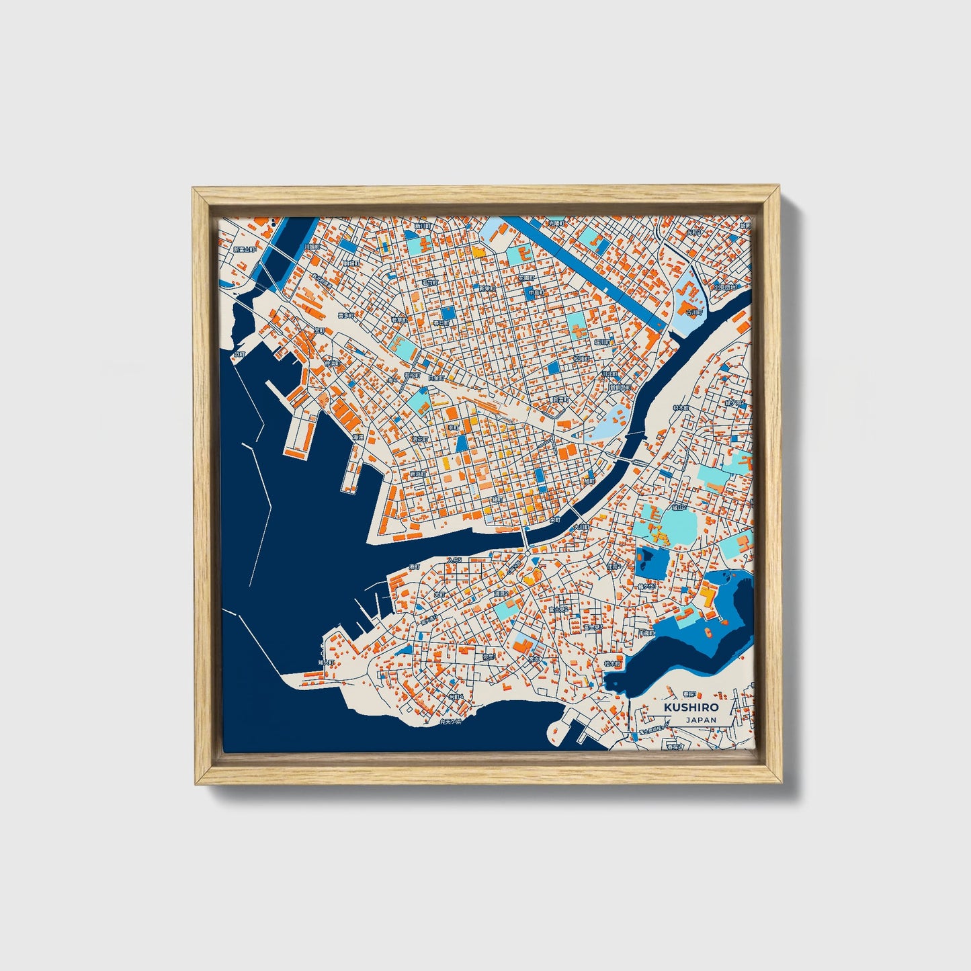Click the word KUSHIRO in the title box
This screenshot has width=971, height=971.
(x=690, y=707)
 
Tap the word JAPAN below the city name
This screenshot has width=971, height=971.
(x=701, y=719)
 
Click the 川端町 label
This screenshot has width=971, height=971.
(x=312, y=247)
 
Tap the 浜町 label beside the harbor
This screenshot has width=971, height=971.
(x=240, y=354)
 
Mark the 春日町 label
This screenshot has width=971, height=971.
(x=440, y=323)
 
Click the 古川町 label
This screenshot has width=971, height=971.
(x=693, y=312)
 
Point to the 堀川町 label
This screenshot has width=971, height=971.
(x=601, y=341)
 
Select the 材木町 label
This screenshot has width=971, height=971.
(x=681, y=407)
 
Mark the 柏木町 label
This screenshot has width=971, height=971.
(x=614, y=663)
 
